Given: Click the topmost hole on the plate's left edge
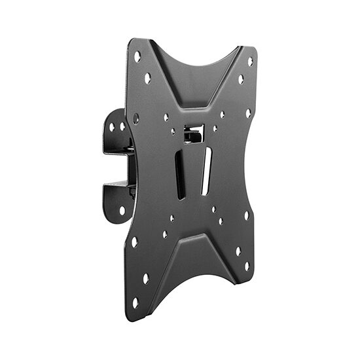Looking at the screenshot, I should pyautogui.click(x=137, y=57).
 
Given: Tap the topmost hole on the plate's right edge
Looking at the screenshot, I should pyautogui.click(x=250, y=62).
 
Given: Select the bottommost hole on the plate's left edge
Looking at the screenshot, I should pyautogui.click(x=135, y=302).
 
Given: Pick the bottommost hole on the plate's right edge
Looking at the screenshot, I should pyautogui.click(x=247, y=266).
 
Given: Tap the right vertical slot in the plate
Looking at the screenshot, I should pyautogui.click(x=206, y=171).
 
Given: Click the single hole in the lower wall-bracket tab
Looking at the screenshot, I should pyautogui.click(x=122, y=210).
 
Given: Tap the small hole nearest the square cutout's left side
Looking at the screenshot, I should pyautogui.click(x=173, y=132).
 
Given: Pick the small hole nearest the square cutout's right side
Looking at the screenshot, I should pyautogui.click(x=215, y=128).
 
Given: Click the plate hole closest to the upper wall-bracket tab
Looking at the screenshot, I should pyautogui.click(x=136, y=118).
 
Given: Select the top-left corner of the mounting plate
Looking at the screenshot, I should pyautogui.click(x=131, y=41).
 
